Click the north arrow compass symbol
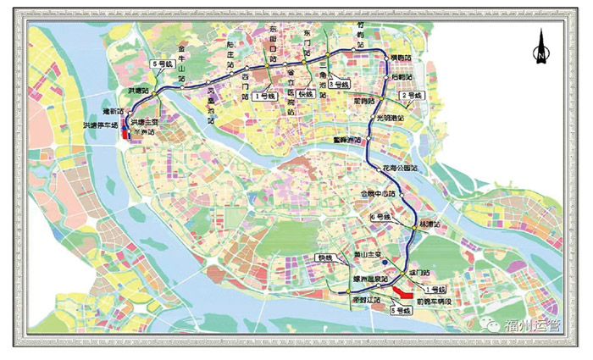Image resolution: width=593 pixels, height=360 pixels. [539, 47]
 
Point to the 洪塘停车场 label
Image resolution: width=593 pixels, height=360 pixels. [101, 125]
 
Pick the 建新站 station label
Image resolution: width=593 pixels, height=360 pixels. [114, 110]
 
